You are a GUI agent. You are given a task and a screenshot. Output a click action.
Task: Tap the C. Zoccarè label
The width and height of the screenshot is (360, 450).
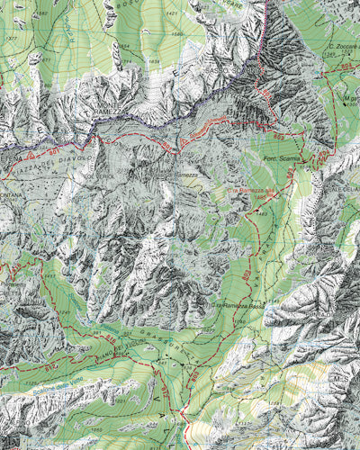pos(343,46)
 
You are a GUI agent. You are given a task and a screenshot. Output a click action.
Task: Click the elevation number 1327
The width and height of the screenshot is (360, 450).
pos(11,39)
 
